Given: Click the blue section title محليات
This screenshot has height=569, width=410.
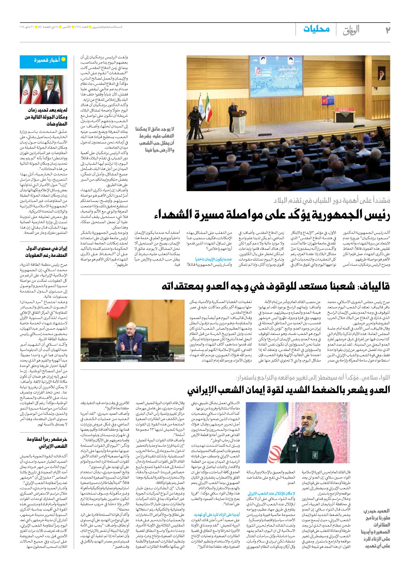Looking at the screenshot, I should tap(316, 29).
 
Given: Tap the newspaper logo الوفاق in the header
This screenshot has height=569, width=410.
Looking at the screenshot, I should tap(351, 30).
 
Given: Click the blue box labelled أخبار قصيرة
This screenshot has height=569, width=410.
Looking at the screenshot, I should tap(43, 61).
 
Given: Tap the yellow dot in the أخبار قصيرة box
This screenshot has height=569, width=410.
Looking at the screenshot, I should tap(64, 59).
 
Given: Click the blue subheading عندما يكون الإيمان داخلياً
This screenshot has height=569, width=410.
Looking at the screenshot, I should tap(214, 259).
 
